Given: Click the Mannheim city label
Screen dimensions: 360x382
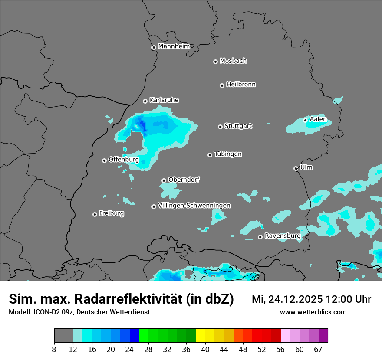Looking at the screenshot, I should pos(174,46).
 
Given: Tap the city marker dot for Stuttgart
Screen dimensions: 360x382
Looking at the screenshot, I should pos(221,127).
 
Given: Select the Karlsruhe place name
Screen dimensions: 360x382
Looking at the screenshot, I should pos(164,100).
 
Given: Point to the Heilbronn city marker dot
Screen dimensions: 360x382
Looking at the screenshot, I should pos(222,85).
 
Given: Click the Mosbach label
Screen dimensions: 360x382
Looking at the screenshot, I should pos(233,61).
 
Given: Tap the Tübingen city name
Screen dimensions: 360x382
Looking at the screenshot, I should pos(228,154).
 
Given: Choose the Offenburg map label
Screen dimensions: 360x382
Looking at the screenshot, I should pos(124,159).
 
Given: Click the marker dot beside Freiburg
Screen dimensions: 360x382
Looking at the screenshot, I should pos(95,214).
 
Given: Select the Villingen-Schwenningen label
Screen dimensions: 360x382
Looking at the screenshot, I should pos(194,205).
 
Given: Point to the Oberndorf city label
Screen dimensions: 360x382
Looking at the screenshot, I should pos(184,179).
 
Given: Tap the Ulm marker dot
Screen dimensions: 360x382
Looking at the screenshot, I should pos(296,168).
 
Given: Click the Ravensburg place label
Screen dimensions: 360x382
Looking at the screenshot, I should pos(282,236).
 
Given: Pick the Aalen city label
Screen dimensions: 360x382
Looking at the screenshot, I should pos(318,119).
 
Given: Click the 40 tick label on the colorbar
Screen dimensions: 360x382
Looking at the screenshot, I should pos(205,349).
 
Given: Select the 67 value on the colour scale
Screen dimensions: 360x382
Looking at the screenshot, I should pos(318,349).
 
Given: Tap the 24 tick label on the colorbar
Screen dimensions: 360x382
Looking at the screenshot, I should pos(129,349).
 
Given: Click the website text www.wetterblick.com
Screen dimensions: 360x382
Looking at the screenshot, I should pos(313,312).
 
